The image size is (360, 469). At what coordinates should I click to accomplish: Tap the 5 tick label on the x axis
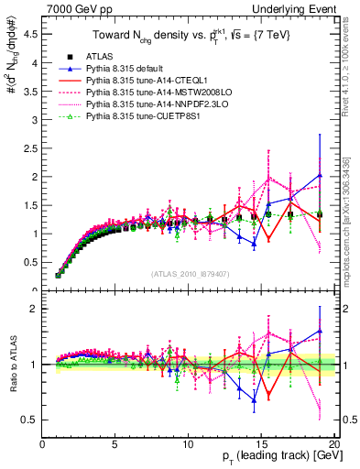[115, 446]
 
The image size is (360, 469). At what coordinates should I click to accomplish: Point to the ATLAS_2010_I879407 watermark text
[189, 274]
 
